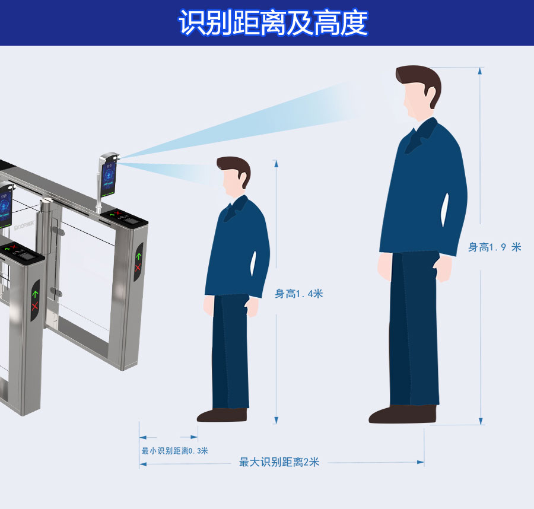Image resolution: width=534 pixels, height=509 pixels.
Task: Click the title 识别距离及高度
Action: tap(273, 23)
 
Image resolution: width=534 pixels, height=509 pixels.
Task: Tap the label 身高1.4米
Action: tap(298, 294)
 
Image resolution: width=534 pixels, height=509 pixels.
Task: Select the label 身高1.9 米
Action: tap(494, 247)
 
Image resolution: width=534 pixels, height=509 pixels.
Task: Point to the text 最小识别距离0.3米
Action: tap(174, 451)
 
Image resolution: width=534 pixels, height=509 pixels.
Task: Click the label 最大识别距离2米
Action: tap(279, 462)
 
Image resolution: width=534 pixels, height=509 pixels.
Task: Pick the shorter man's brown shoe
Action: tap(222, 415)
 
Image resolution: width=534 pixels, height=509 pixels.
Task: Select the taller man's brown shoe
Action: tap(402, 413)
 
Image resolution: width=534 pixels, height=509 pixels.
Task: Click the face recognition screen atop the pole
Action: tap(109, 177)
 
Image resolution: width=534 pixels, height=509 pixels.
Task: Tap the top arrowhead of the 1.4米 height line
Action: tap(276, 164)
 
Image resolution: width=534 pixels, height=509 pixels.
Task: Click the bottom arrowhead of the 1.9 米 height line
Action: tap(481, 421)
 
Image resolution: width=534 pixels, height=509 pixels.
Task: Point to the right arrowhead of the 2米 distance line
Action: tap(421, 462)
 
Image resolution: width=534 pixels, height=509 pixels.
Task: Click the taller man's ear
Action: tap(430, 92)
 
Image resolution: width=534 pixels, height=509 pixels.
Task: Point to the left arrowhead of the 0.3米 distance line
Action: tap(142, 437)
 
